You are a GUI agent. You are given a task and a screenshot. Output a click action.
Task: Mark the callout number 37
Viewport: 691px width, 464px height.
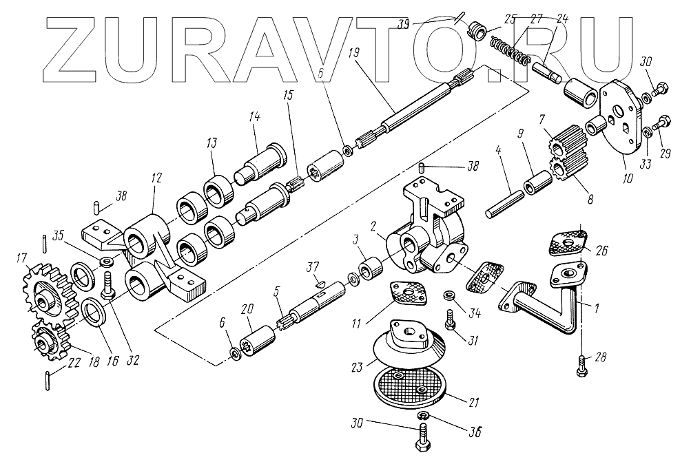(x=313, y=266)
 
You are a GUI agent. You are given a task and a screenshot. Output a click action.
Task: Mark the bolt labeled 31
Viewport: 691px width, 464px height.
(x=451, y=321)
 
